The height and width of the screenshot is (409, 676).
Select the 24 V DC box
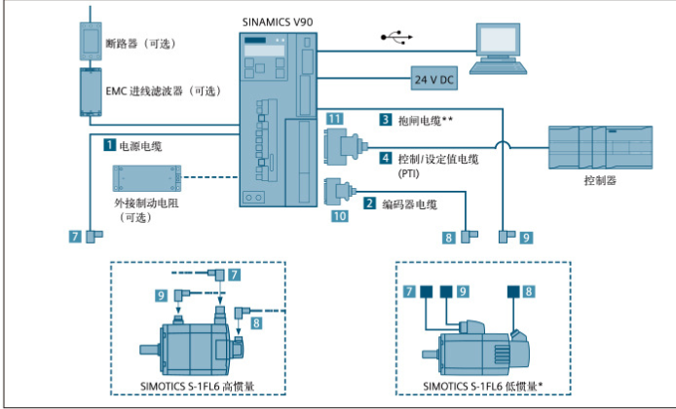434,77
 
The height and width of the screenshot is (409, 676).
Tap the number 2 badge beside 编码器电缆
370,204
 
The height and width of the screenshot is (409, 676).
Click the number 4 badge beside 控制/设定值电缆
386,157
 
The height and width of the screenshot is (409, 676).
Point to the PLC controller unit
596,146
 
